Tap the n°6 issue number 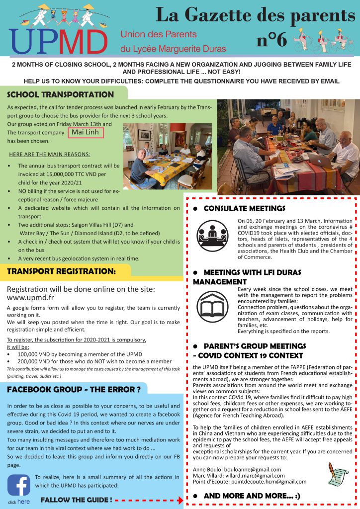(x=271, y=40)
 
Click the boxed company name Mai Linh (x=86, y=132)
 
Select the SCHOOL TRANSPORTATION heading (x=61, y=94)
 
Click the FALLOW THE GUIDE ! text (x=76, y=499)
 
